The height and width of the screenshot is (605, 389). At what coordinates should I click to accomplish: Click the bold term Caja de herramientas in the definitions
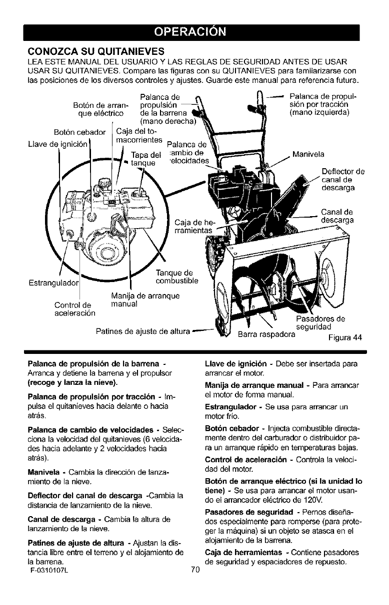click(x=243, y=578)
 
